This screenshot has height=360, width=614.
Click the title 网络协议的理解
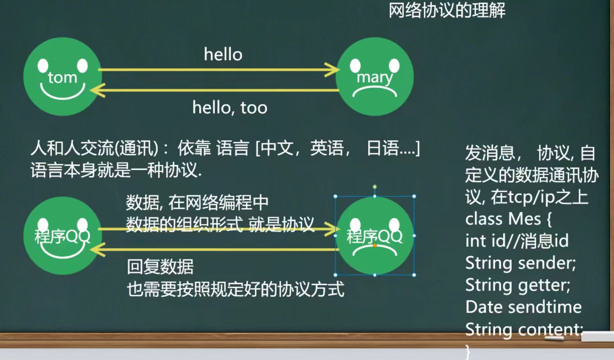(447, 11)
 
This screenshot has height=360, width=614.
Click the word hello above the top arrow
(223, 55)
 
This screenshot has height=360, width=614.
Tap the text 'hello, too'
(230, 108)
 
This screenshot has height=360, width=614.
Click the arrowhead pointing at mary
(332, 70)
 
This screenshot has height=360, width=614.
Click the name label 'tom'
(62, 78)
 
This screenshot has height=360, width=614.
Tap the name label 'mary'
(374, 78)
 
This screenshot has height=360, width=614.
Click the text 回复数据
(160, 267)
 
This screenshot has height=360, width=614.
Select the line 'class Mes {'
(508, 219)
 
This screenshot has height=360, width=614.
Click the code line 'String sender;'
(520, 263)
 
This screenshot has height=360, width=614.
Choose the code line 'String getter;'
(517, 285)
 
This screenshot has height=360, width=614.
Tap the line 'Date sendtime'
(523, 307)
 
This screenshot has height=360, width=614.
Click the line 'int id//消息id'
(517, 241)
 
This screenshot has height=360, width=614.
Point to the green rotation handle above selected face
(374, 187)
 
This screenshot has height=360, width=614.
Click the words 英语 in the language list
(326, 148)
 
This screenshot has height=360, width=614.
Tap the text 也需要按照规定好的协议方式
(235, 289)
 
